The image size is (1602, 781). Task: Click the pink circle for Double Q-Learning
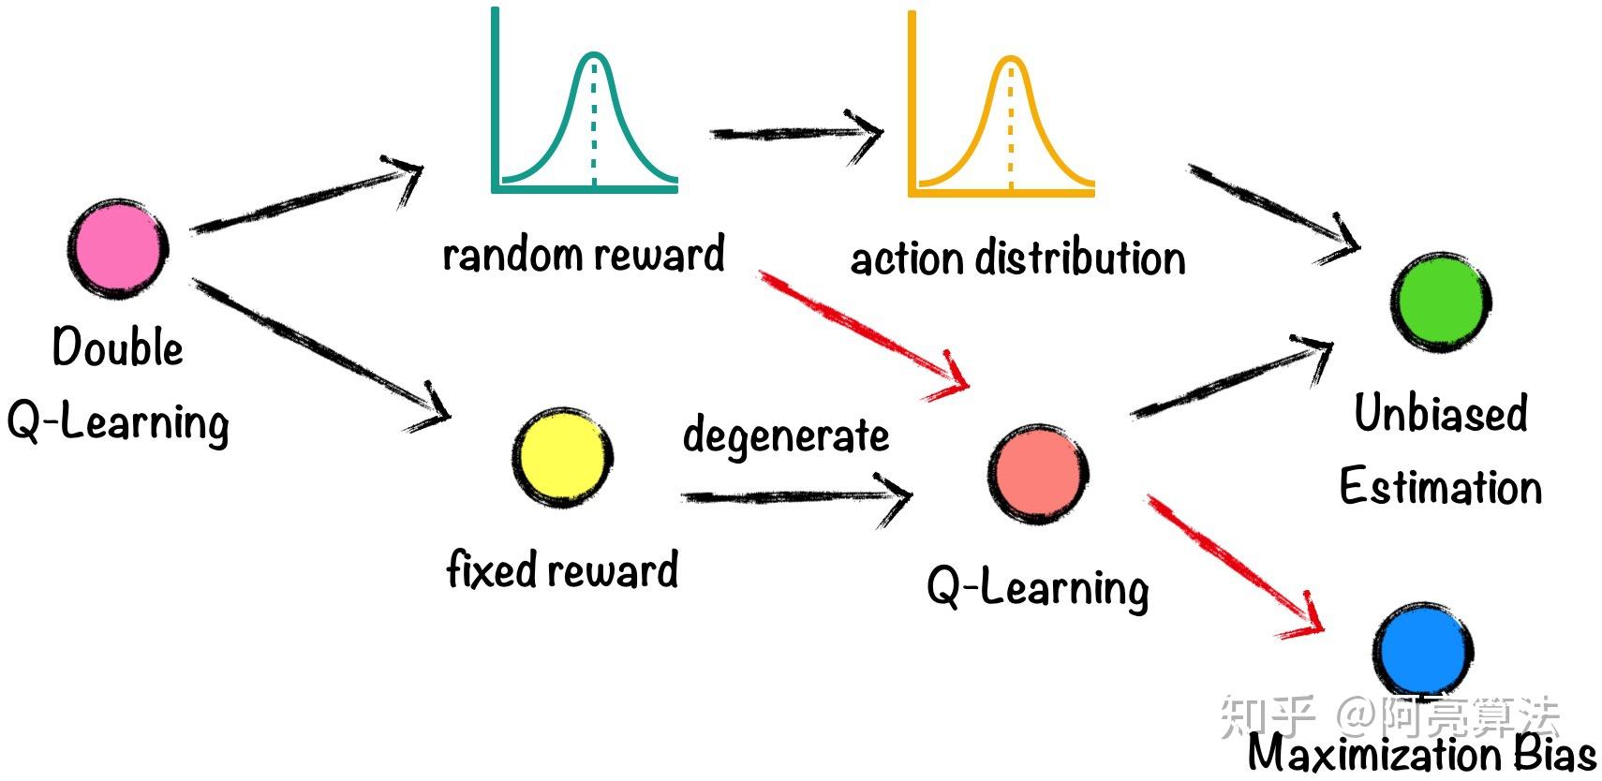point(118,248)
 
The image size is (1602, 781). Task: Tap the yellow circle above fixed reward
point(562,458)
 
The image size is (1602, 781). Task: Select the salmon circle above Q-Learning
point(1038,474)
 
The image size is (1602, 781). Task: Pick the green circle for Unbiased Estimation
point(1441,302)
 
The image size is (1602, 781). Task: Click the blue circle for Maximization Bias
point(1423,651)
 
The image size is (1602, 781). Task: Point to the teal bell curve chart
point(585,100)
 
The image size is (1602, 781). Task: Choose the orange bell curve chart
point(1001,103)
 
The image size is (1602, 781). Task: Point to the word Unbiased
point(1441,413)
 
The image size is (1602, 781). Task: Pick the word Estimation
point(1441,486)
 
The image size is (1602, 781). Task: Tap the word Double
point(118,346)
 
